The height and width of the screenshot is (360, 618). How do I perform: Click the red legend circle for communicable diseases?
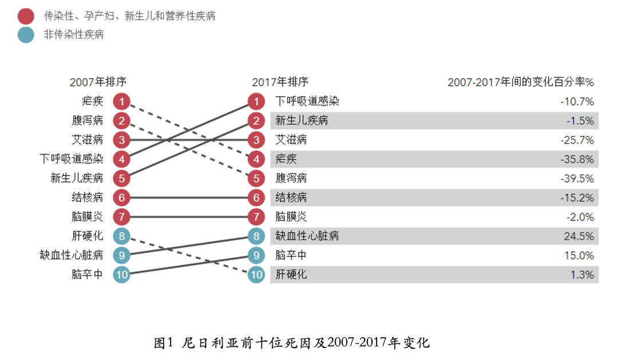26,16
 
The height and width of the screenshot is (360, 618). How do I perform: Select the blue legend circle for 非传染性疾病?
26,34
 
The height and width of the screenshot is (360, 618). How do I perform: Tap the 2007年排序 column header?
98,82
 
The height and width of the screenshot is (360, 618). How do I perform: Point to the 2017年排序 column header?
280,82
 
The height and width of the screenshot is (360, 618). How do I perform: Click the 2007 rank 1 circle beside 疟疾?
121,102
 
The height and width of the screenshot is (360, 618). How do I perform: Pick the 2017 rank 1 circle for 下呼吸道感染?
256,102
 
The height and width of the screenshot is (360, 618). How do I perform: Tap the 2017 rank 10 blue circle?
256,275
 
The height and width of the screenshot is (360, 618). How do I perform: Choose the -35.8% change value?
577,159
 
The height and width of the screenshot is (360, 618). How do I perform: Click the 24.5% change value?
579,236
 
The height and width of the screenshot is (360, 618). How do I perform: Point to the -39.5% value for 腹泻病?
577,179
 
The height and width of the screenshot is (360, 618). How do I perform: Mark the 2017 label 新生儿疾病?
302,121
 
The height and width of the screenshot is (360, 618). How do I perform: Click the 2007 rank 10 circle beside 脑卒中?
121,275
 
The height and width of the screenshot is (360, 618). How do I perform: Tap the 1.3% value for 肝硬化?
582,275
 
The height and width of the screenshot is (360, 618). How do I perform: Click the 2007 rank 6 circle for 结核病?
121,198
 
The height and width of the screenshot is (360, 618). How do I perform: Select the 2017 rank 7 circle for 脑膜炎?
256,217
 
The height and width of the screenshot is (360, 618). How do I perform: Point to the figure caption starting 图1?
292,343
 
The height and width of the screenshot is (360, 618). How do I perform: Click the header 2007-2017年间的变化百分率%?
521,82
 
